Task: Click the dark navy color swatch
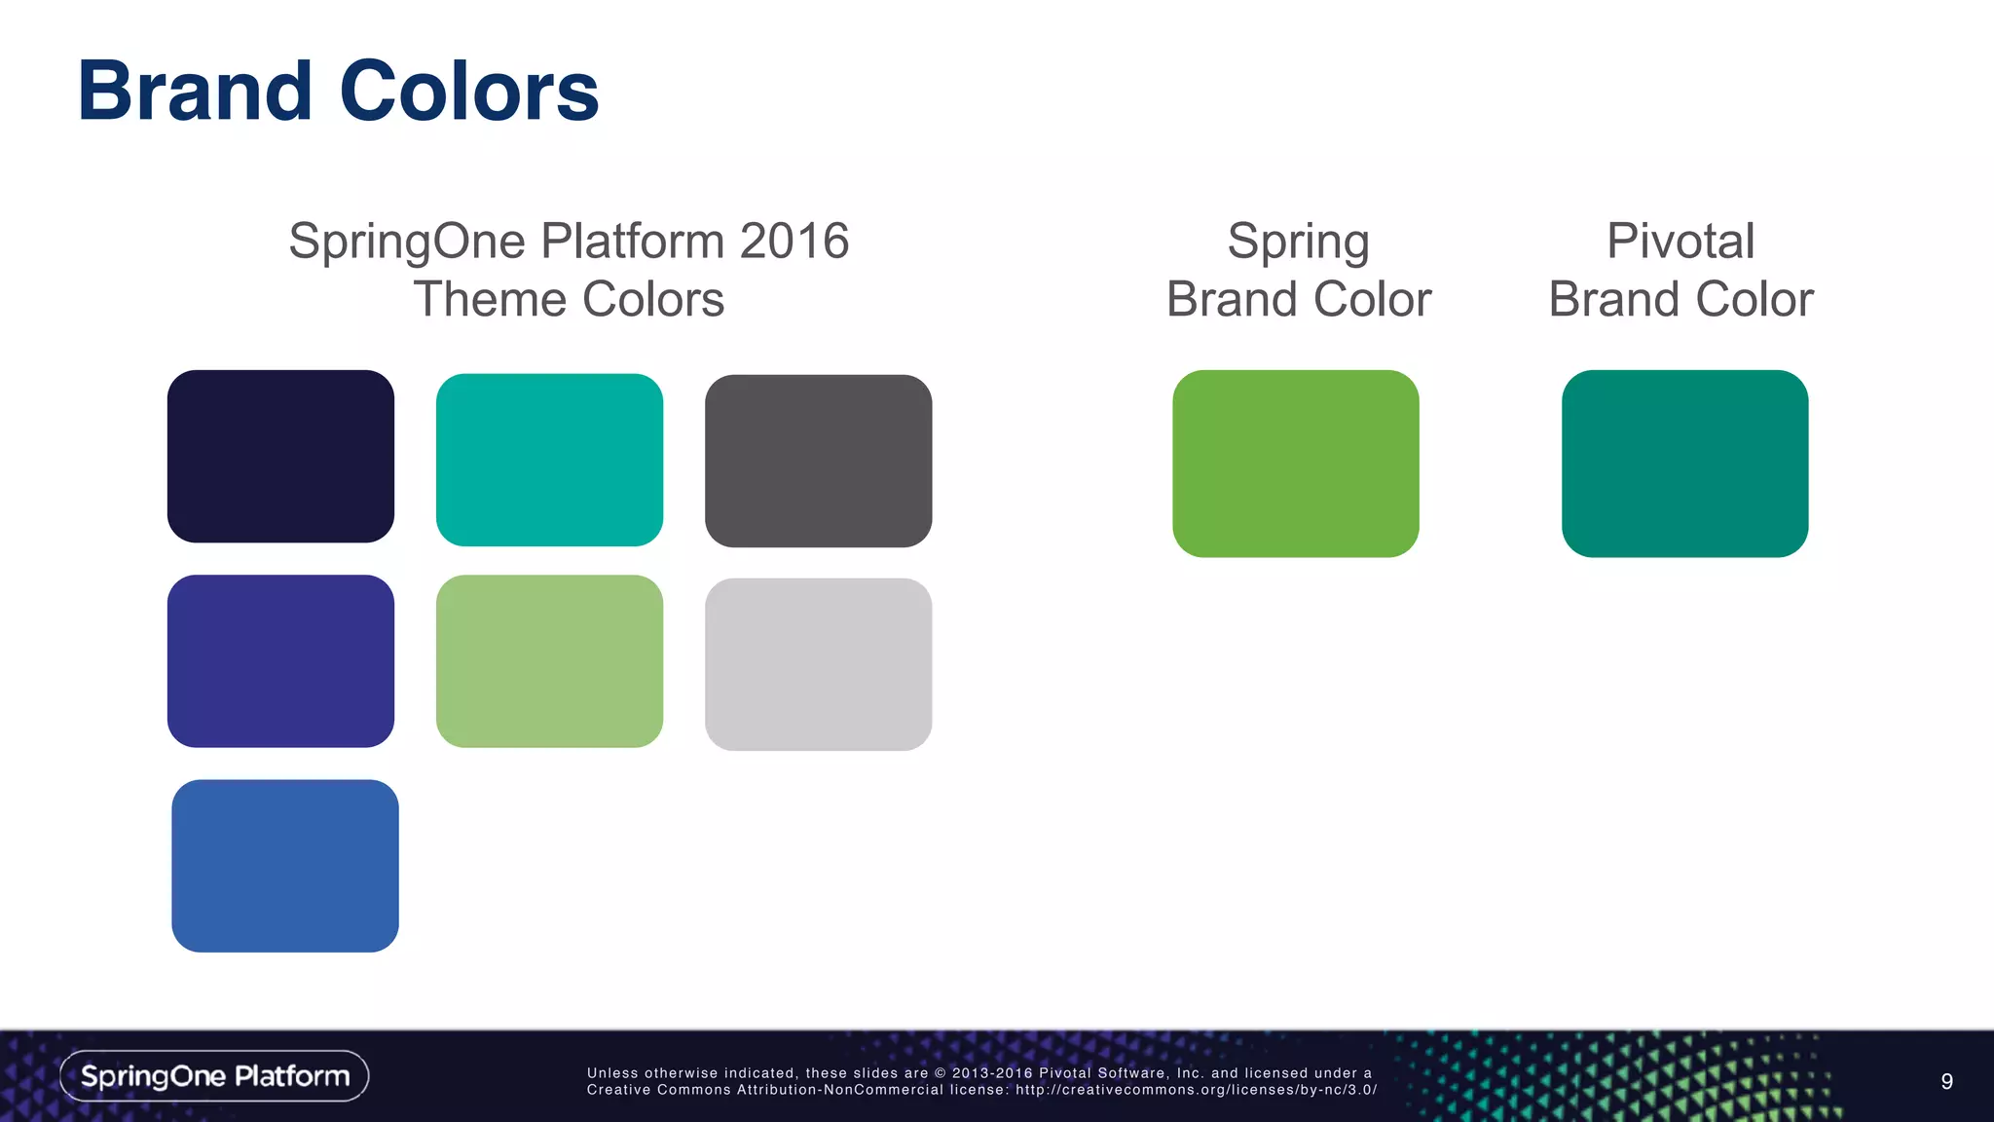pos(280,456)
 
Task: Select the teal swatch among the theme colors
pos(549,460)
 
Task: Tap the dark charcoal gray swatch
pos(818,461)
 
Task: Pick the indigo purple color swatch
pos(280,661)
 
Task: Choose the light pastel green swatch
pos(549,661)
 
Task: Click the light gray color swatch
pos(818,664)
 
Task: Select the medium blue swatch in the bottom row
pos(285,866)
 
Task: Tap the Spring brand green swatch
pos(1295,464)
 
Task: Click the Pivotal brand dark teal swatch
pos(1684,464)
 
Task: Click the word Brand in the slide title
pos(195,92)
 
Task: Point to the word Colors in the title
pos(468,92)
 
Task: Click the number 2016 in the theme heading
pos(794,241)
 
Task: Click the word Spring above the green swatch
pos(1298,243)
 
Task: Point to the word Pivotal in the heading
pos(1680,241)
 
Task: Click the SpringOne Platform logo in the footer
pos(214,1076)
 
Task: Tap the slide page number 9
pos(1946,1081)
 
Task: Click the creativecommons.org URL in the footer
pos(1196,1090)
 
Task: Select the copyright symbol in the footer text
pos(941,1073)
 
